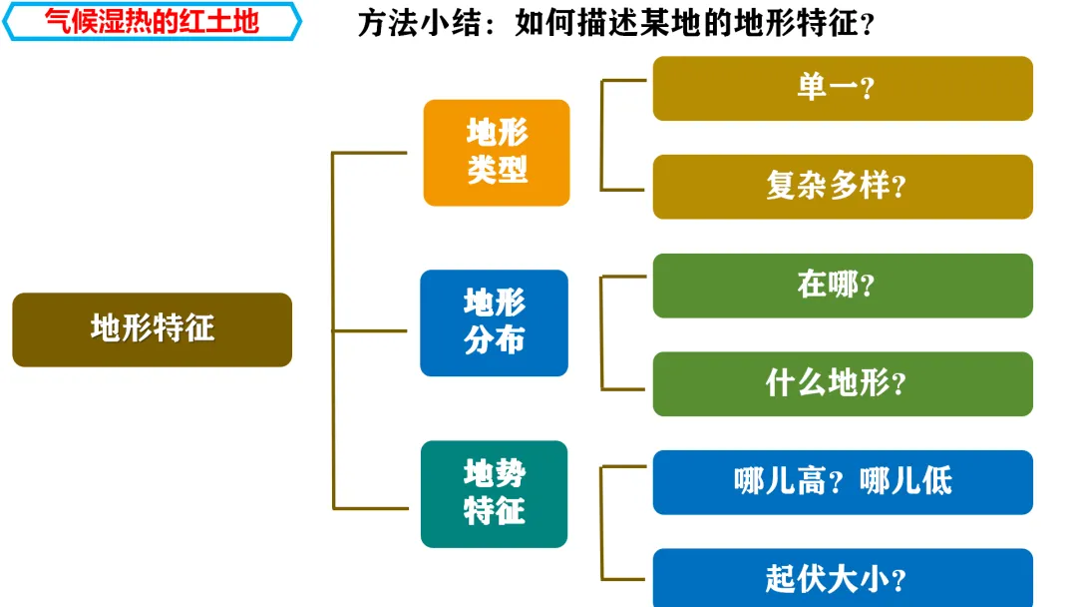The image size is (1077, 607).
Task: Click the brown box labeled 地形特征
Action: pos(152,328)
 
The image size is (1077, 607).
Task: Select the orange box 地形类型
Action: pos(497,152)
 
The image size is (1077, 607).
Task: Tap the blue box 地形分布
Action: pos(494,322)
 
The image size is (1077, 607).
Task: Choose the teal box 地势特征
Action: pos(494,493)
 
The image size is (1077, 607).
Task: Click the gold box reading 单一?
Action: pos(843,88)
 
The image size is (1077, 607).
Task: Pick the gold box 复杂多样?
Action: pos(843,186)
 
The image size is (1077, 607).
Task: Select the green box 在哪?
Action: pos(843,286)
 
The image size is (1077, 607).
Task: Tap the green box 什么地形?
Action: pos(843,383)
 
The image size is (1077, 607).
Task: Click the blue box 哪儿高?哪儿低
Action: pos(843,481)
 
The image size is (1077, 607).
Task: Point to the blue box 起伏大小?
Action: pos(843,579)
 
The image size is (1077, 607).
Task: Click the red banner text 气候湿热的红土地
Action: pos(152,21)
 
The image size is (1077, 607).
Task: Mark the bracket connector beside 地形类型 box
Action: pos(602,135)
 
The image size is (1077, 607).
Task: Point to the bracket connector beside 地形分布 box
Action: pos(602,332)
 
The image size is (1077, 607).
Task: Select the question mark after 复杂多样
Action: pos(898,189)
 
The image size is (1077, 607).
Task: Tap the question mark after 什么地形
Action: pos(898,386)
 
